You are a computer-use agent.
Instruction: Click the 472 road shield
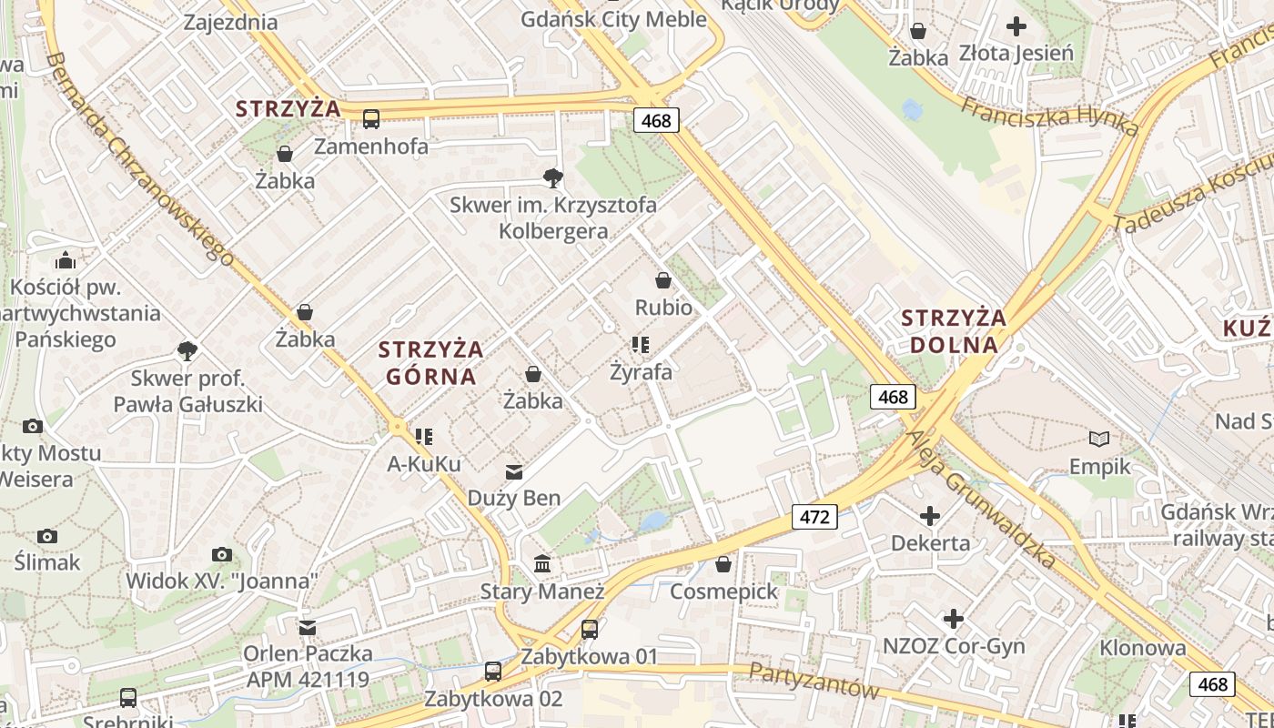click(814, 517)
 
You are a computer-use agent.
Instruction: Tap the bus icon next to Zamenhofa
click(371, 118)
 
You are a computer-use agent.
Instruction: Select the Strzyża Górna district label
click(430, 362)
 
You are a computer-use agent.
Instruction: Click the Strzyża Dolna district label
click(954, 331)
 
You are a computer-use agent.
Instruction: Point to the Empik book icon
click(1099, 440)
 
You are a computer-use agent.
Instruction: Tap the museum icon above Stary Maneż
click(542, 564)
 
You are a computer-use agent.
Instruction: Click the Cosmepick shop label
click(723, 591)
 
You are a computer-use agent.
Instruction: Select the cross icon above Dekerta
click(929, 517)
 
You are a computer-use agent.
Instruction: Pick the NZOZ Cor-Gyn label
click(954, 646)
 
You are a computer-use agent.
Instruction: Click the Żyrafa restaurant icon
click(641, 344)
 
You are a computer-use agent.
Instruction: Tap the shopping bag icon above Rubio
click(663, 280)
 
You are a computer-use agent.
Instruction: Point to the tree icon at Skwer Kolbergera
click(551, 177)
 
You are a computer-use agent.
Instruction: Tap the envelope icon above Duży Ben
click(514, 471)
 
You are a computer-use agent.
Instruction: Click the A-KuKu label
click(424, 464)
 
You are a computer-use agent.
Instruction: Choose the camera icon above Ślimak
click(47, 536)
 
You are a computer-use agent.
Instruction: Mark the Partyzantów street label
click(814, 681)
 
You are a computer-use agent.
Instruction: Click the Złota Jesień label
click(1016, 53)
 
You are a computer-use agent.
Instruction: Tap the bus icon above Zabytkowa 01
click(590, 629)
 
